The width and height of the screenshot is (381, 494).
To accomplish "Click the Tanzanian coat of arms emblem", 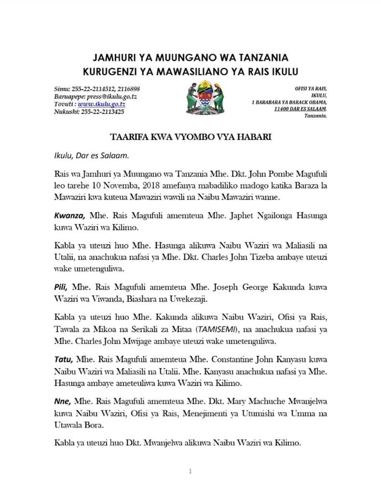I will (x=204, y=98).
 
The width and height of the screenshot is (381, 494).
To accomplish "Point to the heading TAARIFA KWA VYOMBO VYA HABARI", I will (x=190, y=137).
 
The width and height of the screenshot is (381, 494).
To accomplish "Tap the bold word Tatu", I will (x=63, y=358).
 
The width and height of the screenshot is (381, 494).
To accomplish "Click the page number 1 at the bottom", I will (x=190, y=471).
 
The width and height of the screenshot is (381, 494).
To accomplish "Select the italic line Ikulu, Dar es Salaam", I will (x=91, y=156).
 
